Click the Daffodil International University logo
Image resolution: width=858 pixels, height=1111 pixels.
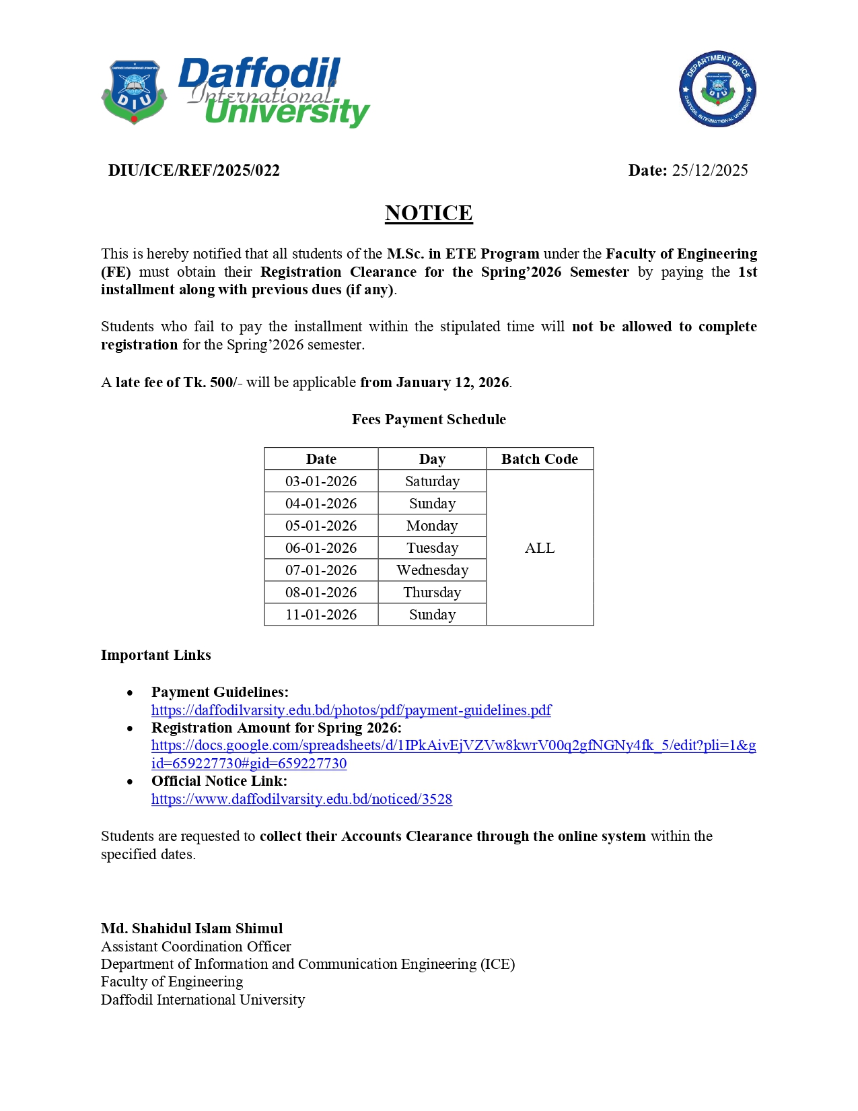coord(236,93)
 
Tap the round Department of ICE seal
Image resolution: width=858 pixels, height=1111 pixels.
coord(717,90)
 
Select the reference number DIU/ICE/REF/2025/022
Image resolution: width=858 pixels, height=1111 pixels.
coord(194,170)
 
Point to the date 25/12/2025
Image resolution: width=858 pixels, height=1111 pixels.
coord(709,170)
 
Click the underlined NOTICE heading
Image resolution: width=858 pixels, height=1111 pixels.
coord(429,213)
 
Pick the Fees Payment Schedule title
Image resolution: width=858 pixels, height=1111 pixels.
coord(429,419)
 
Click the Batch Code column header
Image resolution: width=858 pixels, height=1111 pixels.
coord(540,459)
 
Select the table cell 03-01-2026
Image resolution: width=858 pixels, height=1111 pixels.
coord(321,481)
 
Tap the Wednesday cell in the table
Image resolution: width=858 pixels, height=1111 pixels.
coord(432,570)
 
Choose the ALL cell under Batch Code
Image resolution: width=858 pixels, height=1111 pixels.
coord(540,548)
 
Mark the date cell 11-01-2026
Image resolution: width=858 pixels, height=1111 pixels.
coord(321,615)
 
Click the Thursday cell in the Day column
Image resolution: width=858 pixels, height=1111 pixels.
coord(432,593)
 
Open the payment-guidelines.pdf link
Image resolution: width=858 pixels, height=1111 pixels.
coord(351,710)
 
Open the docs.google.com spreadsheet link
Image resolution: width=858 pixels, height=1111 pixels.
coord(453,746)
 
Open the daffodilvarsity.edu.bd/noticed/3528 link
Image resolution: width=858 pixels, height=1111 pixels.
coord(301,799)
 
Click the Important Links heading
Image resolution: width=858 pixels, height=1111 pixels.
coord(156,655)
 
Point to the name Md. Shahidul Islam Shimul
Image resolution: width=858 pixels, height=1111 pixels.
coord(192,929)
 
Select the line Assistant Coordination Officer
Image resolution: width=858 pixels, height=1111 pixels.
coord(196,947)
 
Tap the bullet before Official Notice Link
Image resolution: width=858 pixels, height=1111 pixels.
coord(130,782)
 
